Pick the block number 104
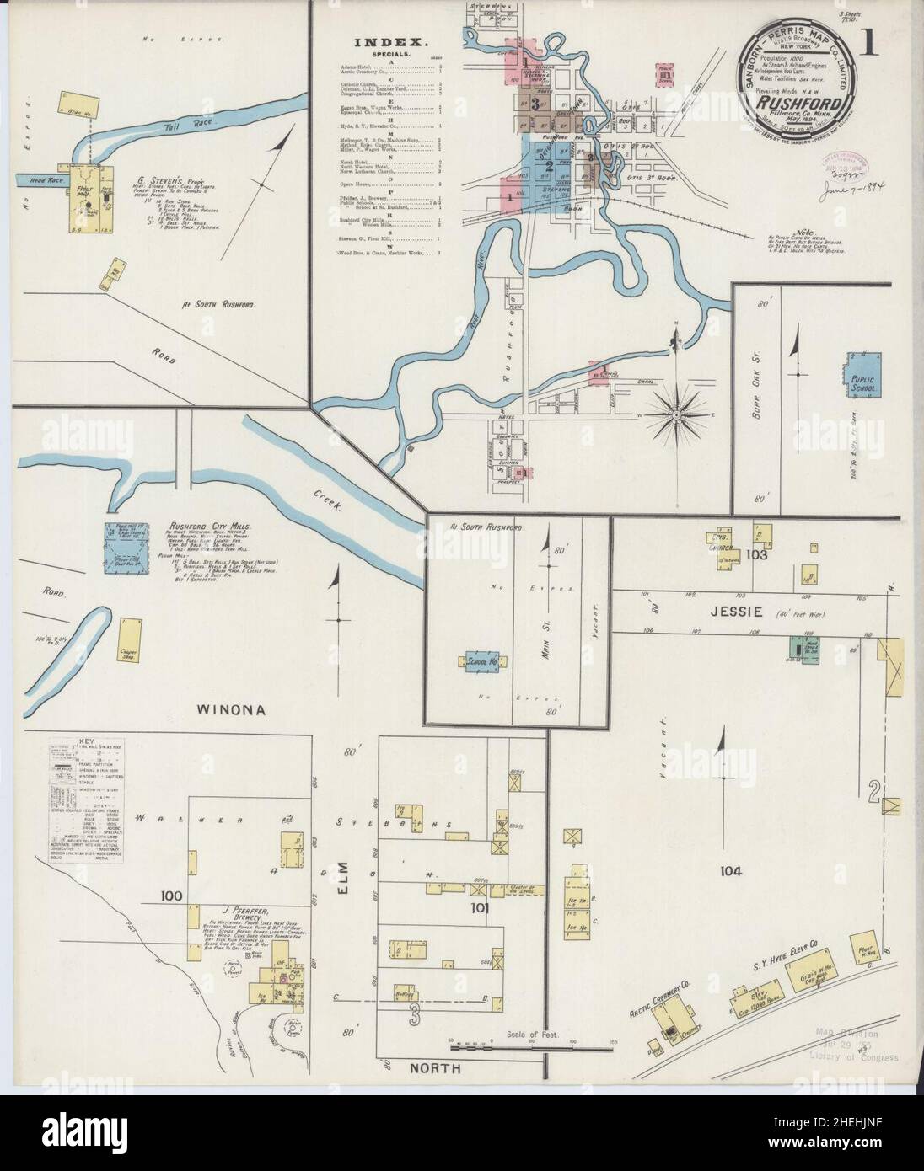tap(730, 872)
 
